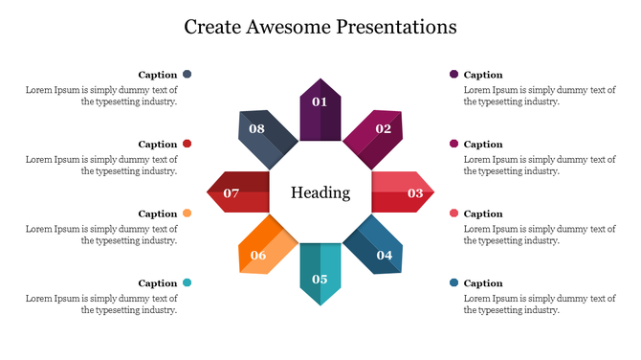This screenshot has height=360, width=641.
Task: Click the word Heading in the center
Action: pos(320,192)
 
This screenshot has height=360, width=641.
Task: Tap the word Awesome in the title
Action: pos(284,26)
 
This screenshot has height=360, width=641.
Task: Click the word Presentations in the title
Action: pos(396,26)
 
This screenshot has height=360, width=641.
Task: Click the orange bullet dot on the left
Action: pos(188,214)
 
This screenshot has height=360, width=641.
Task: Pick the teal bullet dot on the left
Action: pos(188,282)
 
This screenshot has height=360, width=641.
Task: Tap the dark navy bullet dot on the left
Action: pos(188,74)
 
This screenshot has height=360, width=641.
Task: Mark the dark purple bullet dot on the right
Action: pos(453,74)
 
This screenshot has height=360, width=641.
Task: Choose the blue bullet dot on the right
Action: pos(453,282)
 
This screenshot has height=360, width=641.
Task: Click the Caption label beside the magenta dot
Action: pos(483,145)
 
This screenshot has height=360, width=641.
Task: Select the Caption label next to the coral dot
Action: pos(483,214)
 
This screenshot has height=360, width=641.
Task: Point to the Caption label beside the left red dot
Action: pos(158,145)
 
